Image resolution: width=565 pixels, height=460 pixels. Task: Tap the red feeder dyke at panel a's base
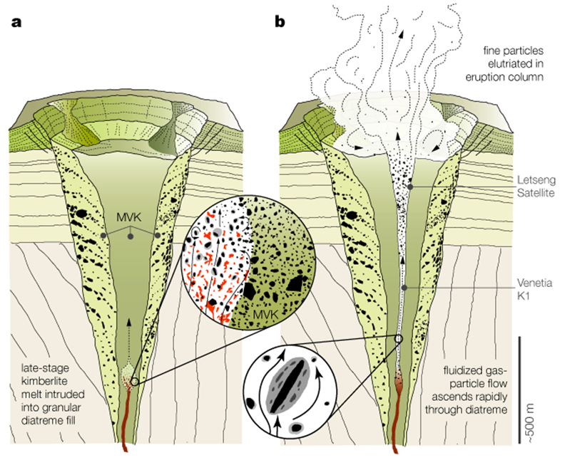[x=126, y=420]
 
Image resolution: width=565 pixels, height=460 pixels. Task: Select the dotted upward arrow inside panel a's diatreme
[x=129, y=342]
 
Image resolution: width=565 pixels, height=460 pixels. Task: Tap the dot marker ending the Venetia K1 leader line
[x=404, y=287]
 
